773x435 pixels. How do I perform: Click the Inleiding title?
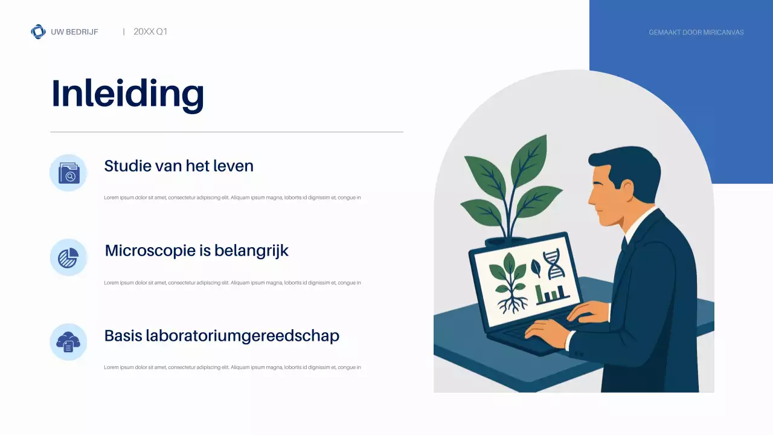coord(127,94)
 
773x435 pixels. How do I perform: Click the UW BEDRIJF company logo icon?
coord(38,31)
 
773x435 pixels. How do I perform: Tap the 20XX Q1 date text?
coord(150,31)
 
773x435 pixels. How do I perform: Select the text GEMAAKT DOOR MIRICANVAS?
coord(696,32)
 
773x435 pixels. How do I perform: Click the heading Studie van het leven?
coord(178,166)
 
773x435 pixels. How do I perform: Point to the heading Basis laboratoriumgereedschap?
coord(222,336)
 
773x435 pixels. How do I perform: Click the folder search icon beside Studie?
coord(68,173)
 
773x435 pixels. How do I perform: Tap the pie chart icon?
coord(68,258)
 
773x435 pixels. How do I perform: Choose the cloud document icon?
coord(68,343)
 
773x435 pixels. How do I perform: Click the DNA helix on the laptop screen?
coord(553,265)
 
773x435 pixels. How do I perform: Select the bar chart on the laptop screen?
coord(551,294)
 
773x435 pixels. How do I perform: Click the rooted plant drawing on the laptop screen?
coord(508,284)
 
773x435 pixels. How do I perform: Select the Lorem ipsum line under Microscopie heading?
coord(232,283)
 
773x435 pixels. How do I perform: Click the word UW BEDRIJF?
coord(74,32)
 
